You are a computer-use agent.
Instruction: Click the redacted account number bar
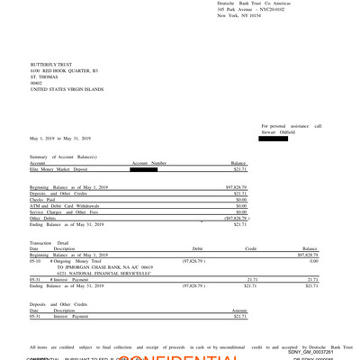148,168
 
